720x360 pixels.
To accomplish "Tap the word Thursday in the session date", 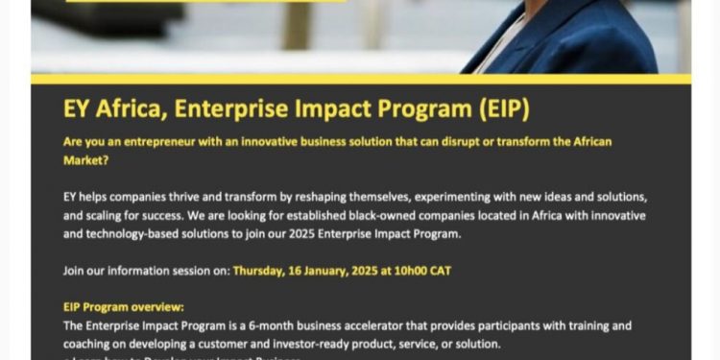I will pos(262,271).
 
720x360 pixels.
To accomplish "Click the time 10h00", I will pos(414,271).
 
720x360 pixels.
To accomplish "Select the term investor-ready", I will pos(285,344).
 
